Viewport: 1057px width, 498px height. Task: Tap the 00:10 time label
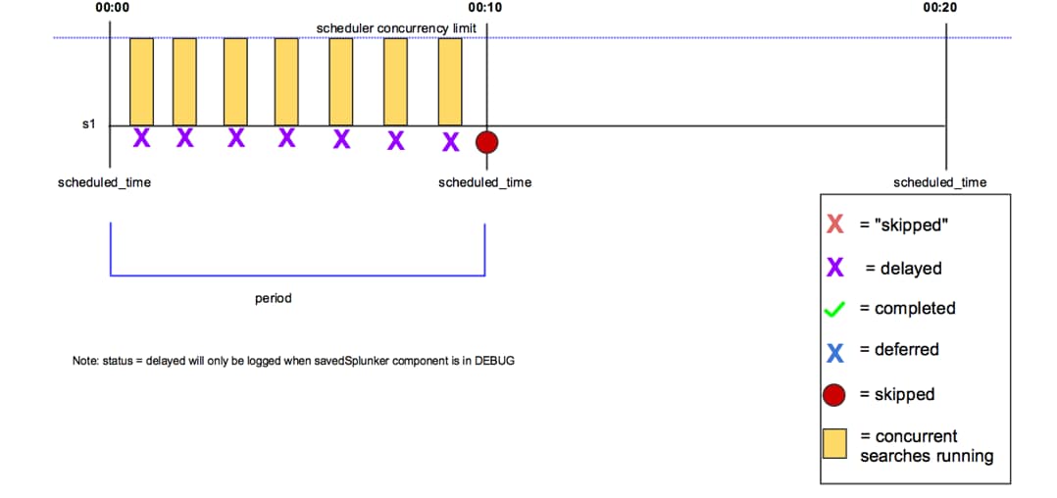tap(484, 8)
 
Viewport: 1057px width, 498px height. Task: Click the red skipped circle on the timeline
tap(486, 142)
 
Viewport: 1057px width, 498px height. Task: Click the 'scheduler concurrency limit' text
tap(396, 28)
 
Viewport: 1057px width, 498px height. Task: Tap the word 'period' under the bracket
tap(273, 298)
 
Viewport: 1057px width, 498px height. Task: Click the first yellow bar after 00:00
tap(141, 81)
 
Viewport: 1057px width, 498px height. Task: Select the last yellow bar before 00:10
tap(450, 81)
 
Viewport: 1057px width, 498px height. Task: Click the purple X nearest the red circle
tap(450, 142)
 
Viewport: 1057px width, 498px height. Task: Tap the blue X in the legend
tap(835, 350)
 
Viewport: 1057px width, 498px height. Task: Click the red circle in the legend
tap(834, 394)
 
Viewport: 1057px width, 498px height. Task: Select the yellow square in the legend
tap(834, 445)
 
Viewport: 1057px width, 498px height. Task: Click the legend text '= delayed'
tap(903, 268)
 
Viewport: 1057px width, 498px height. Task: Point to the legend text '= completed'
tap(907, 308)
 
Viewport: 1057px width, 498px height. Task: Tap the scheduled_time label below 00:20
tap(939, 182)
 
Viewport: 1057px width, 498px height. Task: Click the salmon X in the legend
tap(835, 224)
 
